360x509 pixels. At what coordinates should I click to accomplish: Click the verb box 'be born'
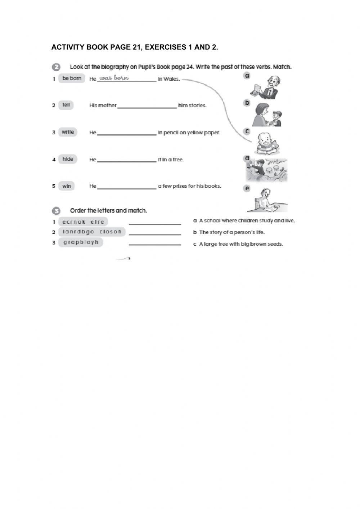pos(72,79)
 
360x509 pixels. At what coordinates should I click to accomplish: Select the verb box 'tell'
pos(66,105)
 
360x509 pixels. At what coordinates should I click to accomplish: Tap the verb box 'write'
pos(68,132)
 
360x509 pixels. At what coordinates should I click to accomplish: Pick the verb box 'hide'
pos(68,159)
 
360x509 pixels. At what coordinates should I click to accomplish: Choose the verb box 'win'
pos(67,186)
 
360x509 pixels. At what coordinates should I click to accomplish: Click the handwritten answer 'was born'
pos(114,78)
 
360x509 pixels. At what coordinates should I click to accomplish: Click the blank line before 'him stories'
pos(147,106)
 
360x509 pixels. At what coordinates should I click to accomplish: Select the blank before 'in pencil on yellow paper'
pos(127,133)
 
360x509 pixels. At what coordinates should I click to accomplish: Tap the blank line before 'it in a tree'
pos(127,160)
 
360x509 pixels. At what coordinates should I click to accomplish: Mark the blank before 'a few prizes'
pos(127,187)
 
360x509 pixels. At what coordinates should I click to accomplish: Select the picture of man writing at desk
pos(267,201)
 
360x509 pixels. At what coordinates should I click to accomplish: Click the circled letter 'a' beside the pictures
pos(247,76)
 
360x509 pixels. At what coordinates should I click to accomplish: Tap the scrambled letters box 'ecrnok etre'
pos(83,222)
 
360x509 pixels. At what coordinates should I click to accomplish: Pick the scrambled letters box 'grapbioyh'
pos(81,242)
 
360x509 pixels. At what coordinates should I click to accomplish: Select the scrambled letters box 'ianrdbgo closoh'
pos(92,232)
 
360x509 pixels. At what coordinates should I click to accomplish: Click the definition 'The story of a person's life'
pos(232,232)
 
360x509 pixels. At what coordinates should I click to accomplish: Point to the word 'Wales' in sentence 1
pos(171,79)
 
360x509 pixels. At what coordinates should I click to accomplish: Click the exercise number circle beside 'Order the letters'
pos(56,211)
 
